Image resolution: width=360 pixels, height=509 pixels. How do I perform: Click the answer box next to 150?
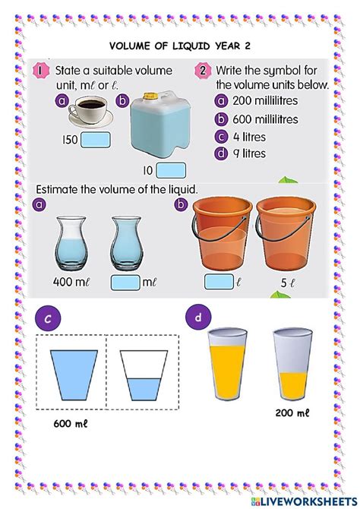coord(96,141)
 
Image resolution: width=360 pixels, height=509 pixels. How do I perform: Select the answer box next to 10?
coord(170,169)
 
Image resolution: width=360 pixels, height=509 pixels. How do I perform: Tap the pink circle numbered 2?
coord(202,71)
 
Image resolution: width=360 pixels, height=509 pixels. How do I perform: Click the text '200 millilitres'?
coord(266,102)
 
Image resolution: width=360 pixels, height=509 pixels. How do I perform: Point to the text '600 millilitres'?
coord(266,119)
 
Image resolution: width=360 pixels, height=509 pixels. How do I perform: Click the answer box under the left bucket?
coord(219,283)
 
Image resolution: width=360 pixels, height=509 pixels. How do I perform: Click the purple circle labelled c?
coord(47,320)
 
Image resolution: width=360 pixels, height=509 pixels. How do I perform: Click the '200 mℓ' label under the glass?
coord(292,413)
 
